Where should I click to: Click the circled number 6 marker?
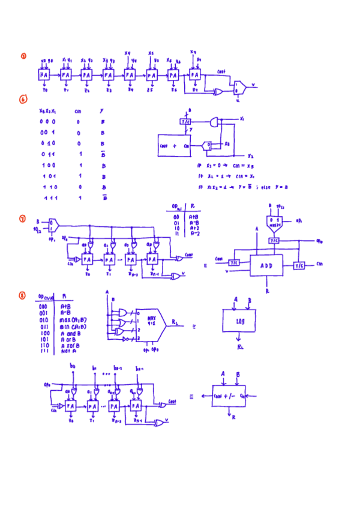click(x=23, y=100)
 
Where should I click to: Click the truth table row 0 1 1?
click(x=48, y=154)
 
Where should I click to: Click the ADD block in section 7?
click(x=266, y=265)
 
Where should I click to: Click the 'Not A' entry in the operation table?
click(x=70, y=351)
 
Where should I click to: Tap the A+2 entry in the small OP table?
click(x=194, y=228)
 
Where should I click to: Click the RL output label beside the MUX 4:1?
click(x=174, y=322)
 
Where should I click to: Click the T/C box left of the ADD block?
click(x=233, y=262)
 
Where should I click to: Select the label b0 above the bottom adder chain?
click(x=73, y=366)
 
